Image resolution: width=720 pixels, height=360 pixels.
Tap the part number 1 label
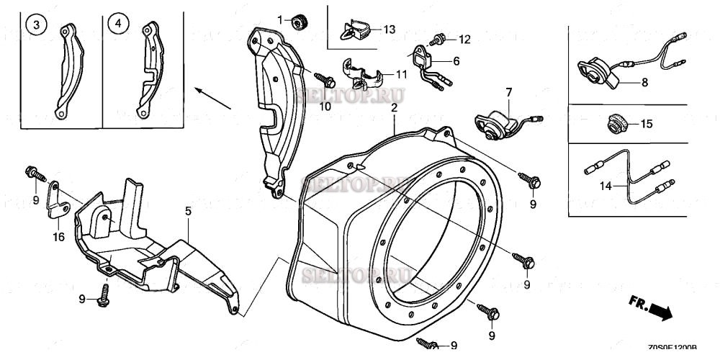click(281, 17)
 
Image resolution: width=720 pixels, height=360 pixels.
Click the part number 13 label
click(390, 30)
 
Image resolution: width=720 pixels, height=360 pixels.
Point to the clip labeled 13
click(354, 30)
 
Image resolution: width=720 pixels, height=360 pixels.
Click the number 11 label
click(402, 74)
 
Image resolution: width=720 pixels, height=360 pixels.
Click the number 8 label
click(644, 82)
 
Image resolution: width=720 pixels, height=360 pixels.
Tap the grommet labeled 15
click(616, 124)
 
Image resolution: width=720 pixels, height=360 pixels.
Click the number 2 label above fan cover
click(394, 108)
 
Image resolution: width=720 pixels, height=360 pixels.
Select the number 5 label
click(188, 211)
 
